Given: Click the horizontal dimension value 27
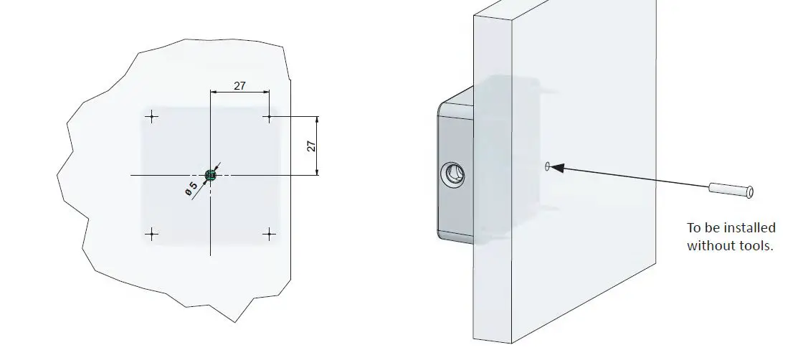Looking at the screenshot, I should (x=239, y=85).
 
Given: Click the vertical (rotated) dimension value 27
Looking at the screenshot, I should (x=311, y=146).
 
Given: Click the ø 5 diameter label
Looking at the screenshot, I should (x=191, y=189).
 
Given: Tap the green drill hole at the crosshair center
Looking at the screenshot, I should (x=210, y=174).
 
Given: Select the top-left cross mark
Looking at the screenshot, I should (x=151, y=117).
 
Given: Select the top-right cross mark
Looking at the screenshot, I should (x=268, y=116).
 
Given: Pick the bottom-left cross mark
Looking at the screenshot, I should (x=151, y=233).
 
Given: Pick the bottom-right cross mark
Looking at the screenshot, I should (x=269, y=233).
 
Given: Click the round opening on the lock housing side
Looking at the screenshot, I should (x=453, y=174).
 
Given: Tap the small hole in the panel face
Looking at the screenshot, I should (x=547, y=167).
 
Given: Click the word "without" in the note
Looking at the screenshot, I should (x=709, y=245).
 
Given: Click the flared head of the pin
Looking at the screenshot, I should (x=749, y=192).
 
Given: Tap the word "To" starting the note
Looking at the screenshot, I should (x=694, y=228).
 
